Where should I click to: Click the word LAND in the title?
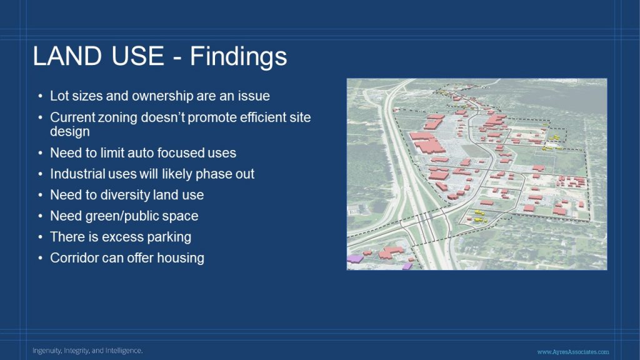point(67,56)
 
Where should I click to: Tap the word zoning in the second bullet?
point(117,118)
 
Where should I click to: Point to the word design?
point(70,132)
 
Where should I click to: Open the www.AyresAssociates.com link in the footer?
point(573,351)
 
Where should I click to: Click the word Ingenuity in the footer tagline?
point(47,351)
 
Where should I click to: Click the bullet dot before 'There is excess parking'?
point(40,237)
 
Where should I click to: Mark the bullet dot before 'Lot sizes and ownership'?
point(40,96)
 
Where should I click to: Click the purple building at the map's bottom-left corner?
point(356,258)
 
